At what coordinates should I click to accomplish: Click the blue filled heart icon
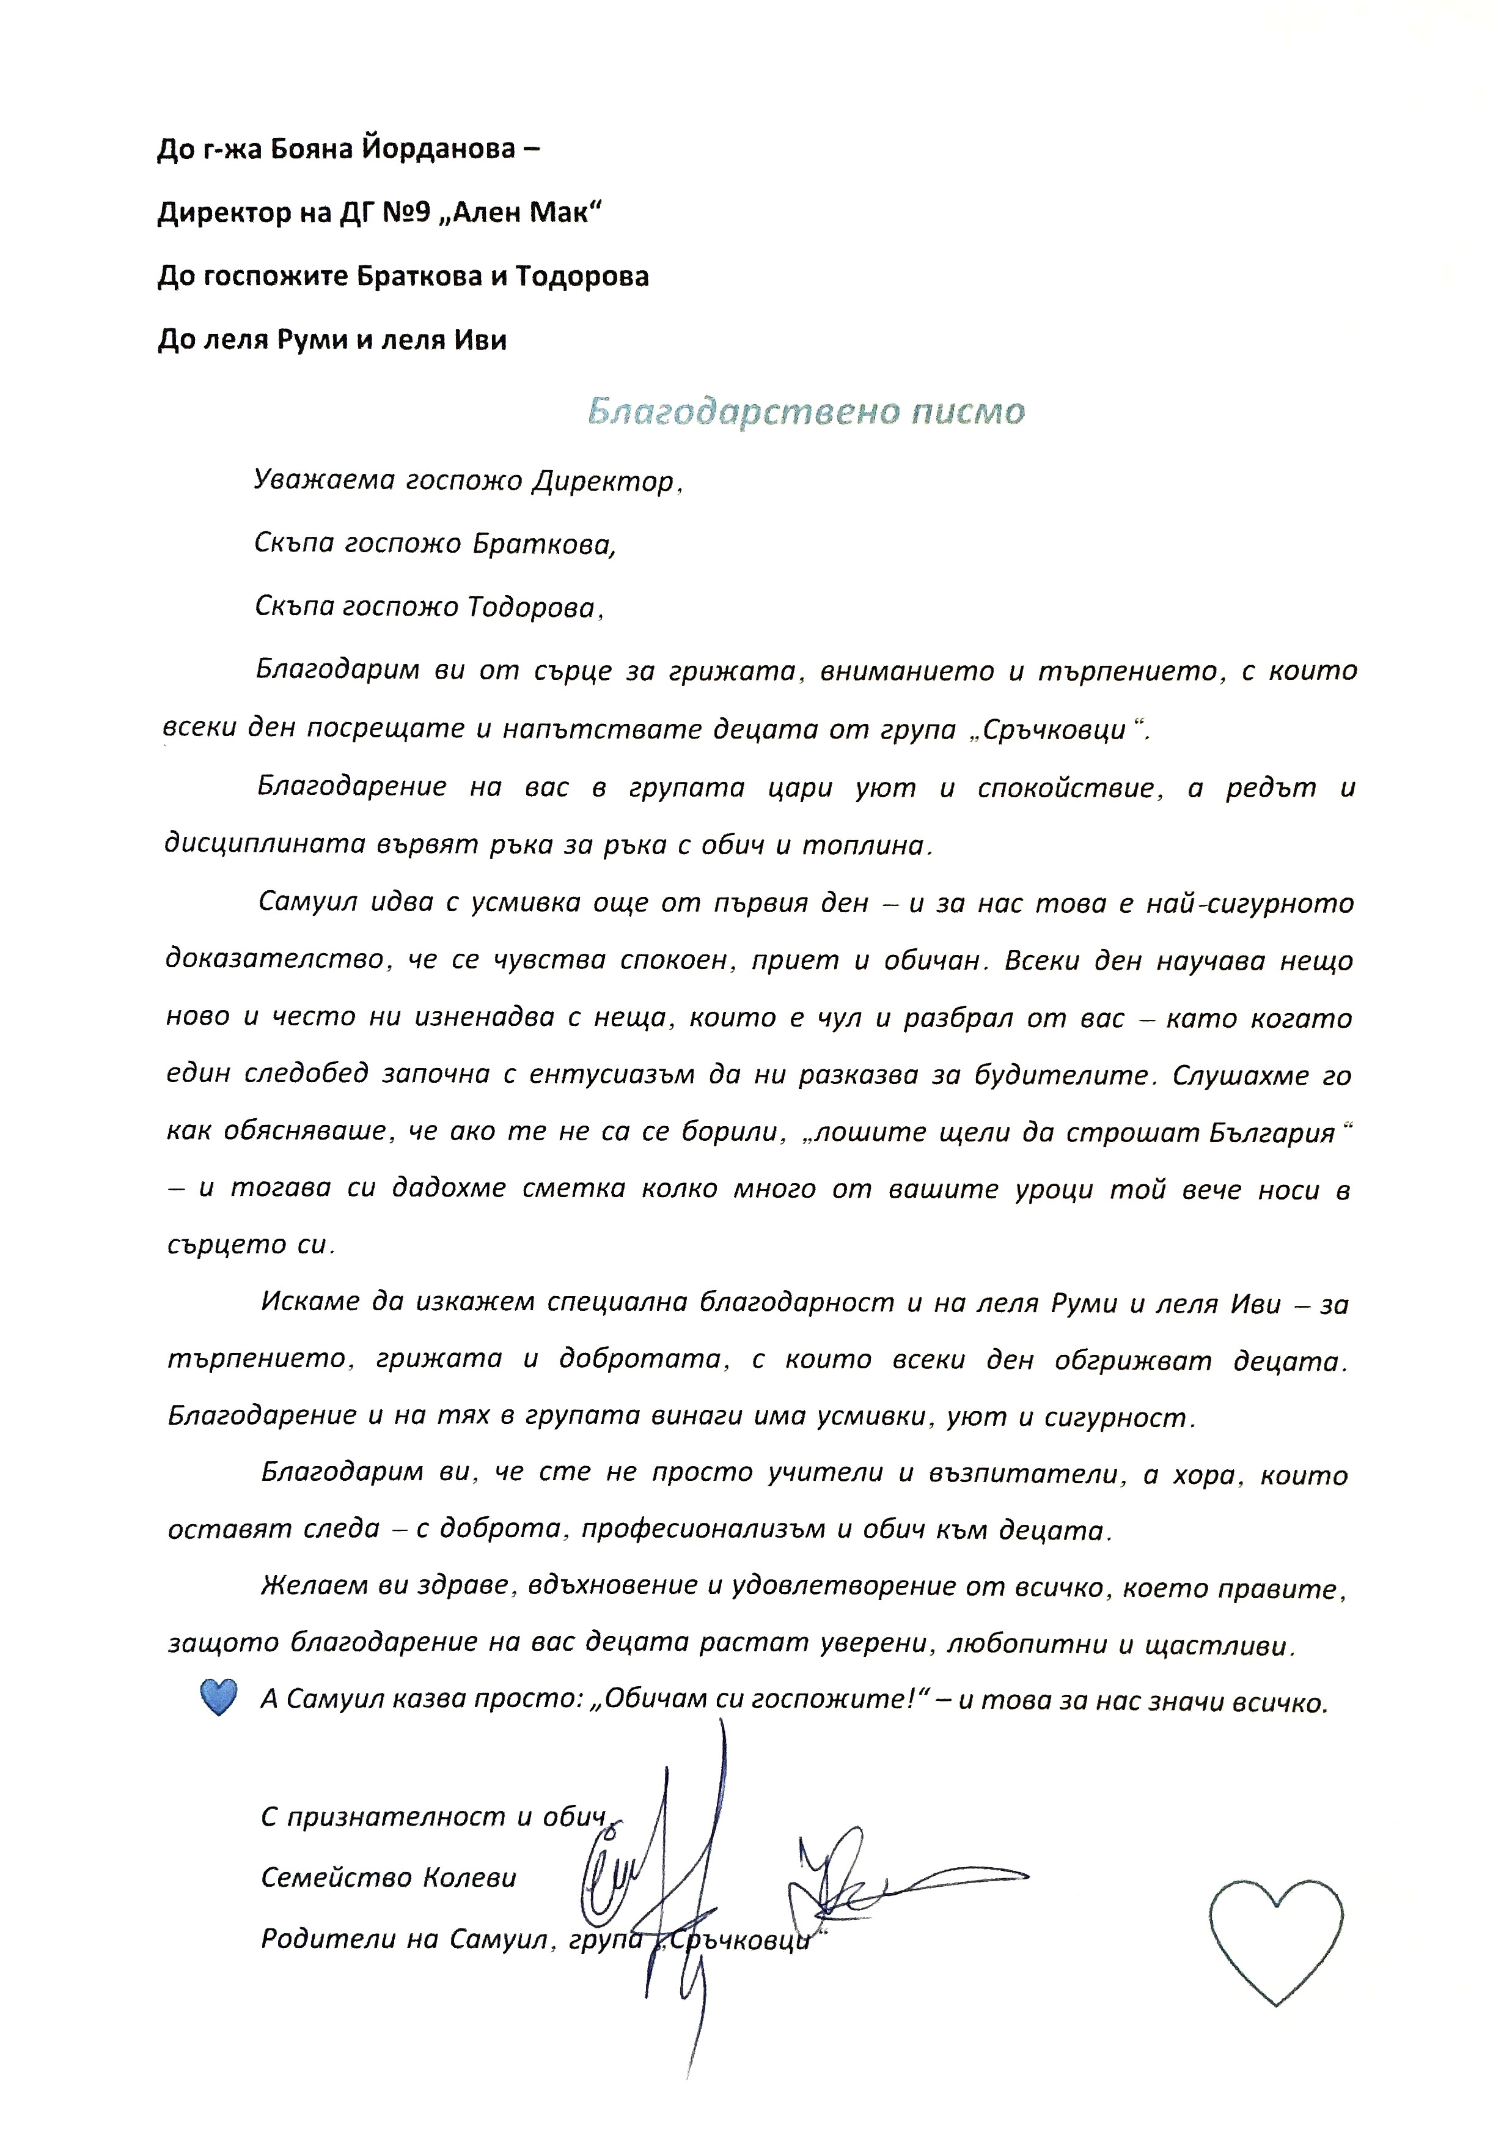coord(219,1697)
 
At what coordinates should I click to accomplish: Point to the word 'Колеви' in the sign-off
coord(467,1878)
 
